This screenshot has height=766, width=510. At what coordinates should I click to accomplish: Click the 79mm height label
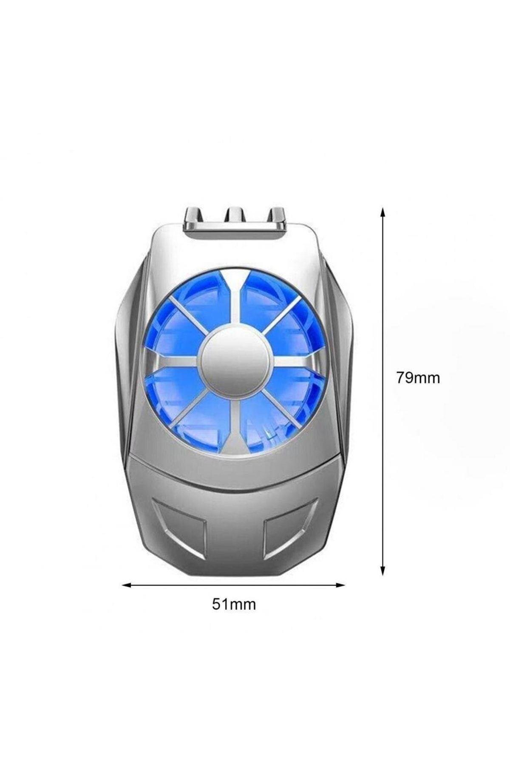[x=418, y=377]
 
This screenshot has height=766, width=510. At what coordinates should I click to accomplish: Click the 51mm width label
[x=234, y=604]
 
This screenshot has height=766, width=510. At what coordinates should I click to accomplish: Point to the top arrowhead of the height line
[x=383, y=213]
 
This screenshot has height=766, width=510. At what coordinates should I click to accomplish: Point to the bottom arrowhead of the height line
[x=383, y=569]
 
